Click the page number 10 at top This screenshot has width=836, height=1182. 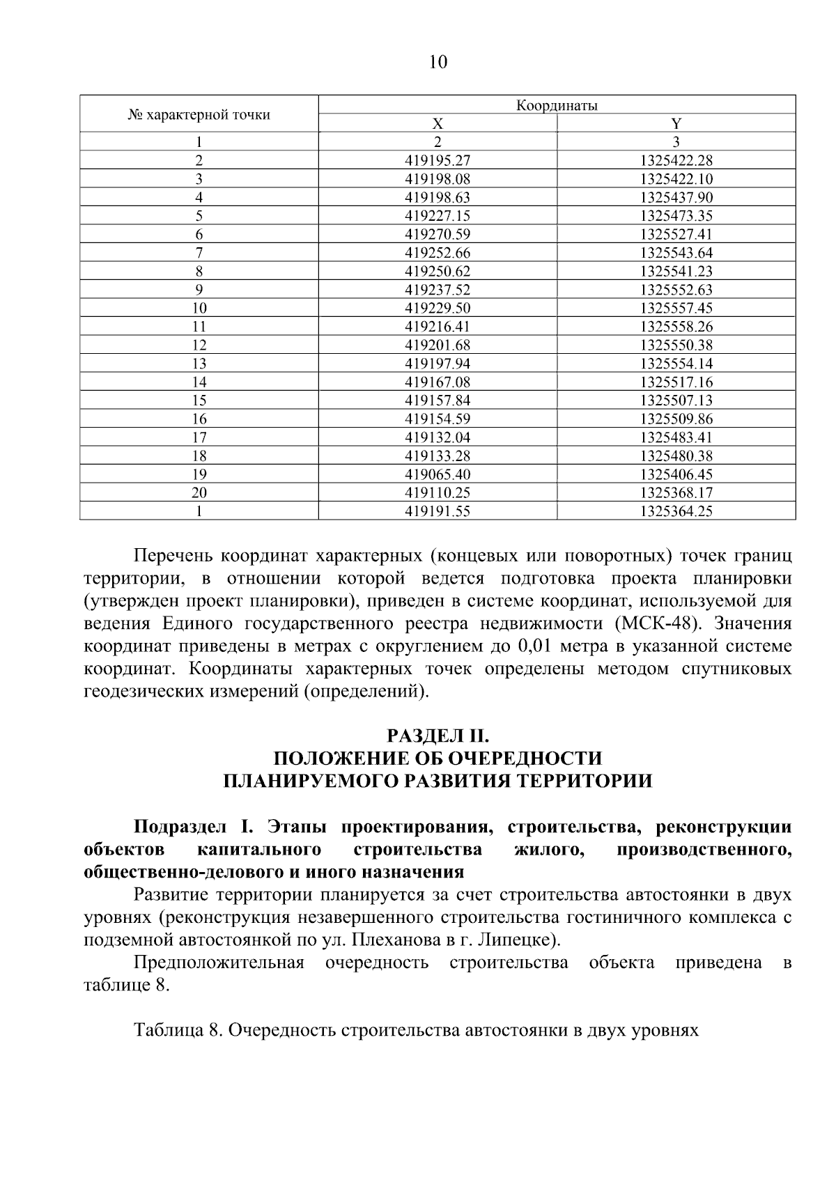point(438,63)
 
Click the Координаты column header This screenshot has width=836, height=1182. point(557,105)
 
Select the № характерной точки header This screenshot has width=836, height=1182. point(199,114)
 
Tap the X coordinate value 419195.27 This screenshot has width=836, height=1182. point(438,160)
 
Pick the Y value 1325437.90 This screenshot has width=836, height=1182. point(676,197)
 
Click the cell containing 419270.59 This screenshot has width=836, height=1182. point(438,234)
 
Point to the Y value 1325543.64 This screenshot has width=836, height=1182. point(676,253)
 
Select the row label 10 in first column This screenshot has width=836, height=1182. point(199,308)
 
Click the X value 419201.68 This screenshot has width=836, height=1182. point(438,345)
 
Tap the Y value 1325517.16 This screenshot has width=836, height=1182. point(676,382)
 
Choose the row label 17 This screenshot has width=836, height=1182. point(199,437)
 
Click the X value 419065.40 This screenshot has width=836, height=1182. point(438,474)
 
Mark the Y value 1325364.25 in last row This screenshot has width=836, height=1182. point(676,511)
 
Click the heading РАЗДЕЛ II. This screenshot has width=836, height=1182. point(438,736)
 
